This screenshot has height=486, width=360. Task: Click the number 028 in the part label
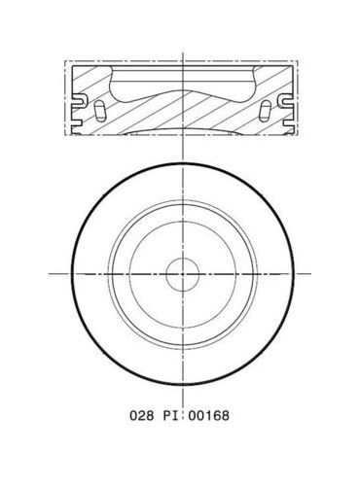pyautogui.click(x=141, y=415)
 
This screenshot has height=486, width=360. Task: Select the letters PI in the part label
pyautogui.click(x=169, y=415)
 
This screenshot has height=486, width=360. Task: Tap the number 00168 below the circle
pyautogui.click(x=209, y=415)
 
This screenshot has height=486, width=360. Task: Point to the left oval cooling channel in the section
pyautogui.click(x=99, y=112)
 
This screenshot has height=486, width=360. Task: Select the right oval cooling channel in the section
pyautogui.click(x=266, y=112)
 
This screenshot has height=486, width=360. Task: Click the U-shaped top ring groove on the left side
pyautogui.click(x=80, y=100)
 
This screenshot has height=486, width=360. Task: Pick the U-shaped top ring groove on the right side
pyautogui.click(x=285, y=100)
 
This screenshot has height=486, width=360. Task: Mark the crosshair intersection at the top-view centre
pyautogui.click(x=183, y=274)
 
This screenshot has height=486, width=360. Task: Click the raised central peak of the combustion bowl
pyautogui.click(x=183, y=89)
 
